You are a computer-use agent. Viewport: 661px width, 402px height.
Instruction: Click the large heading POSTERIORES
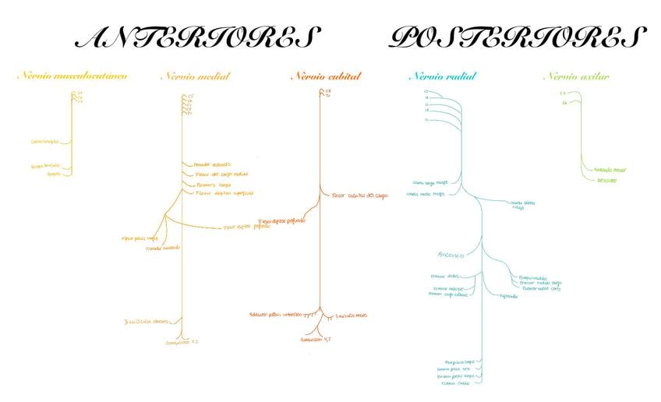pyautogui.click(x=518, y=37)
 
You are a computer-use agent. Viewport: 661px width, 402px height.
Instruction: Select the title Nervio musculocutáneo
pyautogui.click(x=72, y=76)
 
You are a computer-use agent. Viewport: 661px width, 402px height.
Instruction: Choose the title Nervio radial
pyautogui.click(x=442, y=76)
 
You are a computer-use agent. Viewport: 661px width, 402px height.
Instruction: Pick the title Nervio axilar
pyautogui.click(x=576, y=76)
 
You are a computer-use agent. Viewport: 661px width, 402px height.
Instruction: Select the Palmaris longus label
pyautogui.click(x=213, y=185)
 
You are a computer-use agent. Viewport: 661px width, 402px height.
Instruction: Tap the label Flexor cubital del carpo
pyautogui.click(x=359, y=196)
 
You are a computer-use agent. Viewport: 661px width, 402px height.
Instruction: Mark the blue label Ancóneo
pyautogui.click(x=451, y=255)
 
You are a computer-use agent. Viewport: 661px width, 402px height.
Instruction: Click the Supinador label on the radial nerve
pyautogui.click(x=508, y=296)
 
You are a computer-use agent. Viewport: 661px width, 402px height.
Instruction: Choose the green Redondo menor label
pyautogui.click(x=610, y=169)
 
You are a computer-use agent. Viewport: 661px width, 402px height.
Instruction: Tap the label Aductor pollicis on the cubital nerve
pyautogui.click(x=274, y=315)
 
